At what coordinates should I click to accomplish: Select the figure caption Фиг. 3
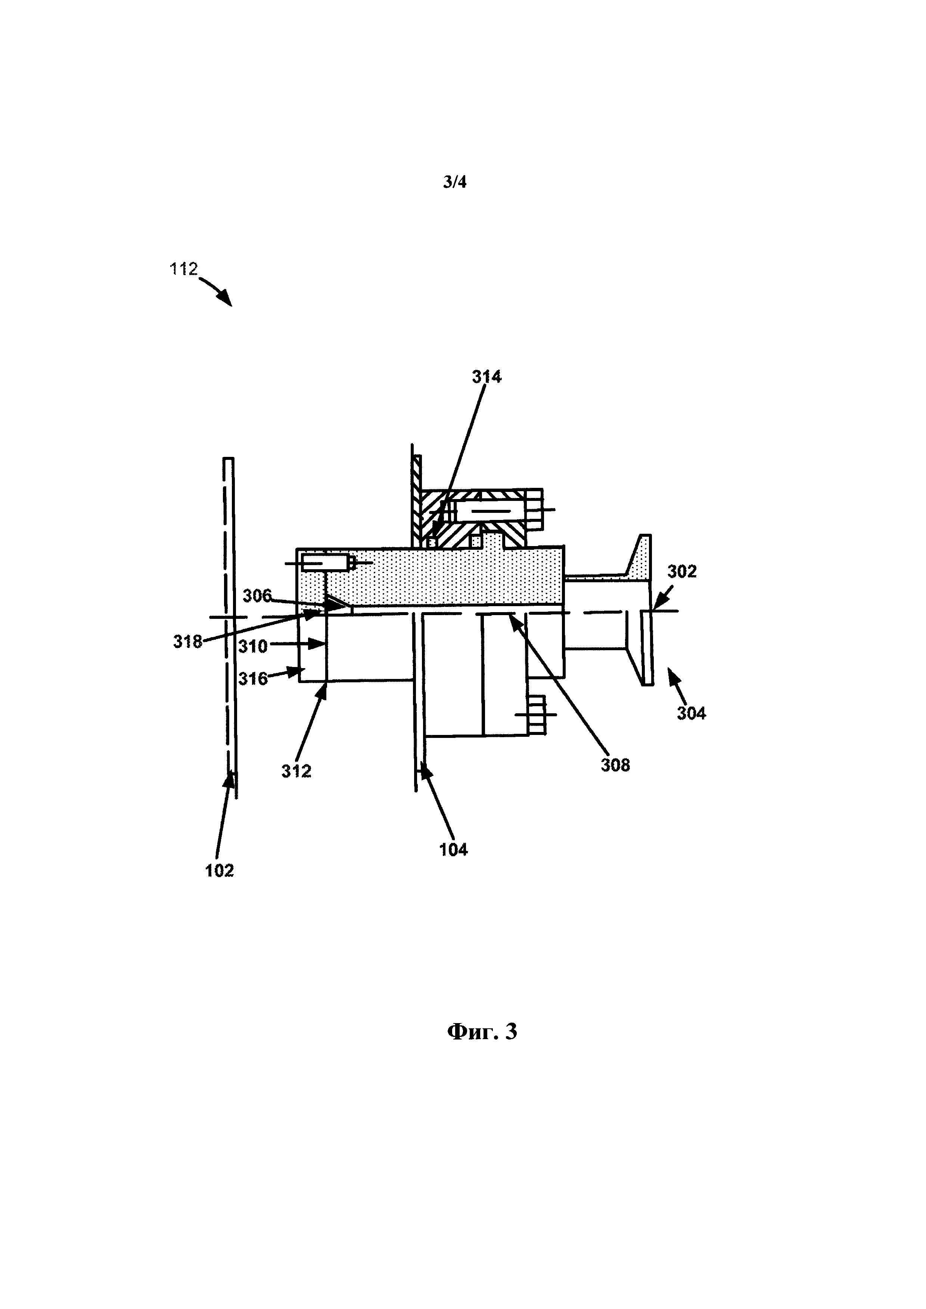[482, 1031]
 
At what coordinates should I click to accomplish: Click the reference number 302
[681, 571]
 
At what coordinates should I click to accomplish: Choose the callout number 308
[615, 764]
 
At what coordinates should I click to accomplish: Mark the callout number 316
[253, 679]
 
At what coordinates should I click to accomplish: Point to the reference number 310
[253, 646]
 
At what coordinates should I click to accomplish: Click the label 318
[187, 642]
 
